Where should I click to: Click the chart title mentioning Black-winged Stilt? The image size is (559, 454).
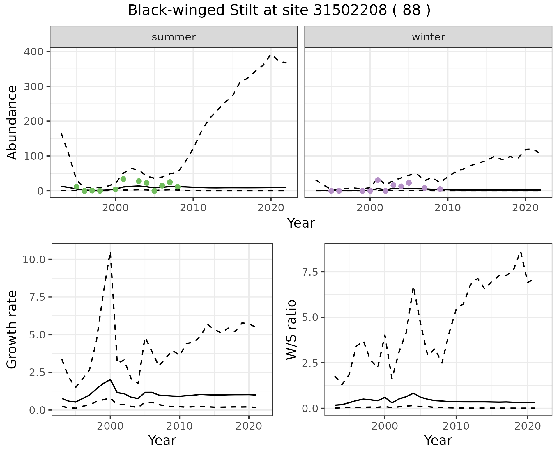279,10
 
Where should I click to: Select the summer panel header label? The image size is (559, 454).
174,37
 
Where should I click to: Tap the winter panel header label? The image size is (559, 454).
428,37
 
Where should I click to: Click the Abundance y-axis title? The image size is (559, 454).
12,122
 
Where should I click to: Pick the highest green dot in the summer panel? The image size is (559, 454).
123,179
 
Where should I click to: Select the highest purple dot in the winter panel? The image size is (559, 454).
378,180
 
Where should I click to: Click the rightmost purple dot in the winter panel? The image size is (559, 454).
440,189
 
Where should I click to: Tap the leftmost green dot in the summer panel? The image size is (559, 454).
77,187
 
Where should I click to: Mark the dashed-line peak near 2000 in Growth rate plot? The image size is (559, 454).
110,253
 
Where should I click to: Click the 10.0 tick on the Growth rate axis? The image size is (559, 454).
34,259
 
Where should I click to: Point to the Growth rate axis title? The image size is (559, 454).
12,330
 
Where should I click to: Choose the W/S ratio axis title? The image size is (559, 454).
291,330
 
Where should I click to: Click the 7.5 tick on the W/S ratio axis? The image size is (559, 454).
310,272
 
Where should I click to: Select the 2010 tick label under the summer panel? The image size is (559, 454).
193,208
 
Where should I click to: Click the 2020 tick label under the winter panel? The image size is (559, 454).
526,208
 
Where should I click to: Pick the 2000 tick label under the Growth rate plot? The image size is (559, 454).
110,426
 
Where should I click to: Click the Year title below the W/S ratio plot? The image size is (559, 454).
438,440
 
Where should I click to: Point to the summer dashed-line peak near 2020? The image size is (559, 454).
271,54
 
